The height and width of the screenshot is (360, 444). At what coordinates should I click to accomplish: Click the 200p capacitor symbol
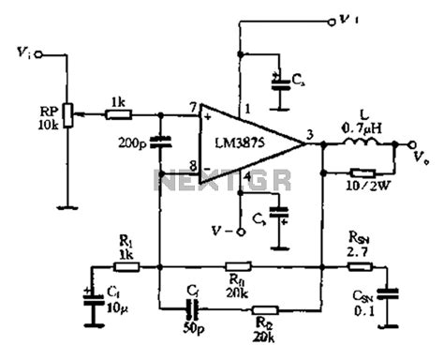click(x=162, y=143)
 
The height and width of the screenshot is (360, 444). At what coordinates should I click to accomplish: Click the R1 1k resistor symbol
click(x=126, y=267)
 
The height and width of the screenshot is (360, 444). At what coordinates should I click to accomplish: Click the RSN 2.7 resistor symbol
click(x=357, y=267)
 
